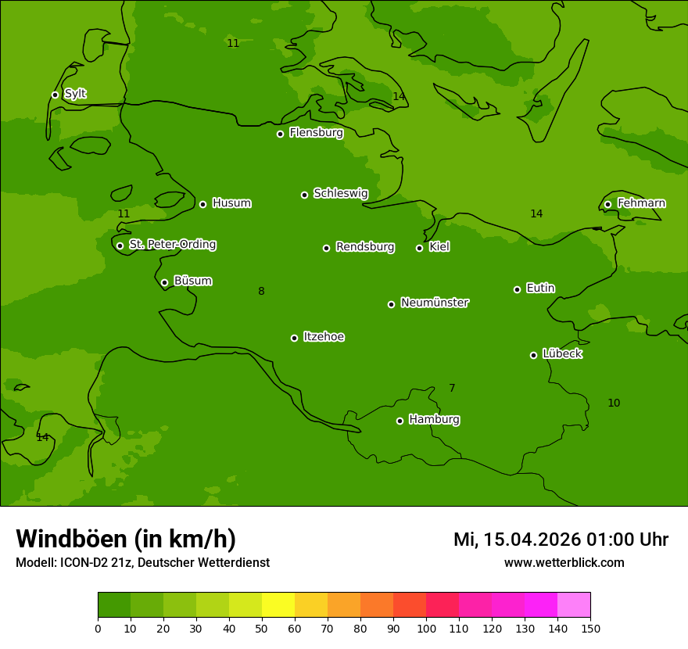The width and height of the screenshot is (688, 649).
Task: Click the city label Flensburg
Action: [x=316, y=133]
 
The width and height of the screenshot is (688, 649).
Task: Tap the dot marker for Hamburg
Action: [x=400, y=421]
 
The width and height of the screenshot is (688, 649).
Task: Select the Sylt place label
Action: [x=75, y=94]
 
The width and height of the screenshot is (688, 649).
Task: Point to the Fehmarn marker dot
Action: [x=607, y=204]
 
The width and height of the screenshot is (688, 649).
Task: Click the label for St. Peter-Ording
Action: [x=172, y=245]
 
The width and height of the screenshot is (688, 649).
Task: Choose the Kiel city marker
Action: [x=419, y=248]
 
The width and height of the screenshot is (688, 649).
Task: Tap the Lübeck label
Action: [x=561, y=354]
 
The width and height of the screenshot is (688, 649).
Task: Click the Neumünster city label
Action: [x=434, y=303]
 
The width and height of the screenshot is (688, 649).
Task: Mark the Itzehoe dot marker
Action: [x=294, y=338]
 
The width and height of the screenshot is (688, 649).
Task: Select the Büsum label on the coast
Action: [x=192, y=281]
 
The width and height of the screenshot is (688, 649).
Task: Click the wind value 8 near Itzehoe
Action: [x=261, y=292]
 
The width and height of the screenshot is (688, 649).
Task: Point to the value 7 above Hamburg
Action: [x=452, y=389]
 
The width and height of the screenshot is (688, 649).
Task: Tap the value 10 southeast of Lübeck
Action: [x=614, y=403]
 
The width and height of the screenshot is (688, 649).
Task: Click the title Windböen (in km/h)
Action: [x=126, y=539]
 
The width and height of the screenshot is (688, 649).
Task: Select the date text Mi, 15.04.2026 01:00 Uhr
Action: [x=561, y=540]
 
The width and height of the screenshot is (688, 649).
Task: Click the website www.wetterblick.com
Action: [x=564, y=563]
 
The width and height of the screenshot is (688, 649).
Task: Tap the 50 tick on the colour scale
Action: [x=262, y=628]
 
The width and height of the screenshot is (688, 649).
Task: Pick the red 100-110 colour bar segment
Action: [x=443, y=604]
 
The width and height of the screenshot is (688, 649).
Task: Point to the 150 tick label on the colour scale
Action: [x=590, y=628]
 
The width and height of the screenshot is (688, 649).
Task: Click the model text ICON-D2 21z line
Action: [x=142, y=563]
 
